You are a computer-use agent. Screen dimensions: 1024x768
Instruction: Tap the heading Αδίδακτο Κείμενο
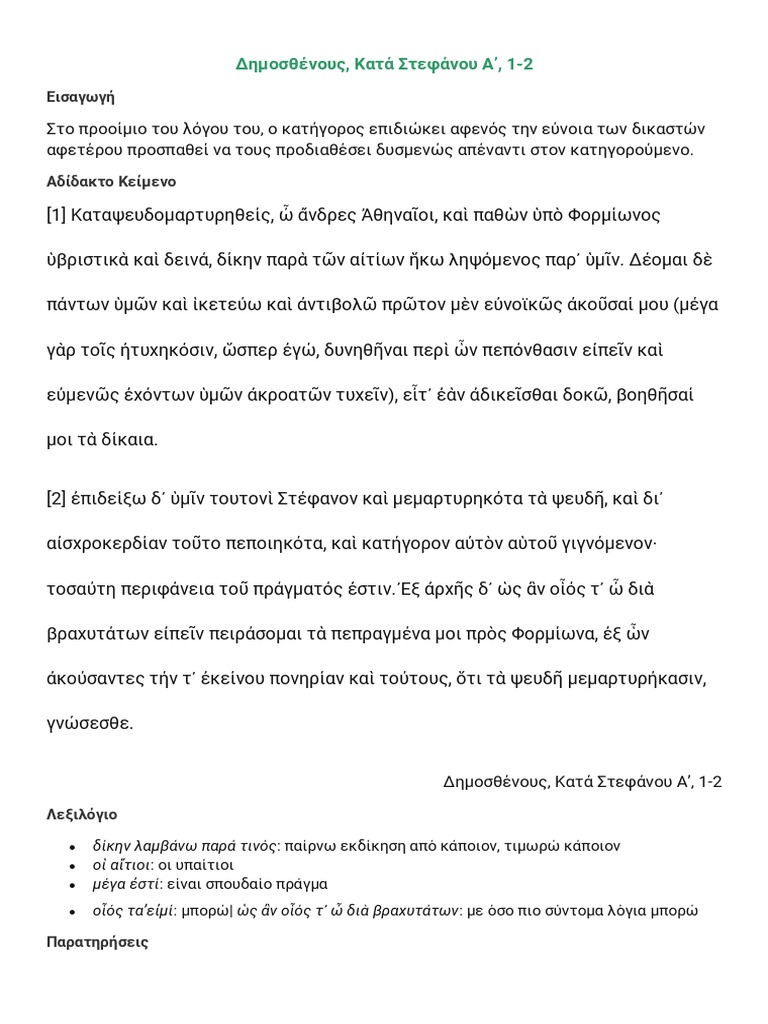[112, 183]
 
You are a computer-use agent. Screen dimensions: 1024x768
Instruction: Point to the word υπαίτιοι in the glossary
[202, 864]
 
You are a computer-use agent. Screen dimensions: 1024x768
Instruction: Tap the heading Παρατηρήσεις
[98, 942]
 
